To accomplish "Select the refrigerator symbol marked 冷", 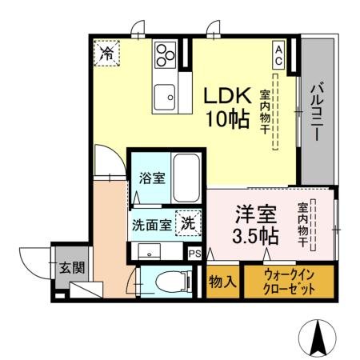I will [106, 54].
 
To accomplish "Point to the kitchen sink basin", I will [167, 95].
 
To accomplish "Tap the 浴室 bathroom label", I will [152, 178].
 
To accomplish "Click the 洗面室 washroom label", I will [152, 224].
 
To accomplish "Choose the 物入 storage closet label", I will [222, 282].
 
